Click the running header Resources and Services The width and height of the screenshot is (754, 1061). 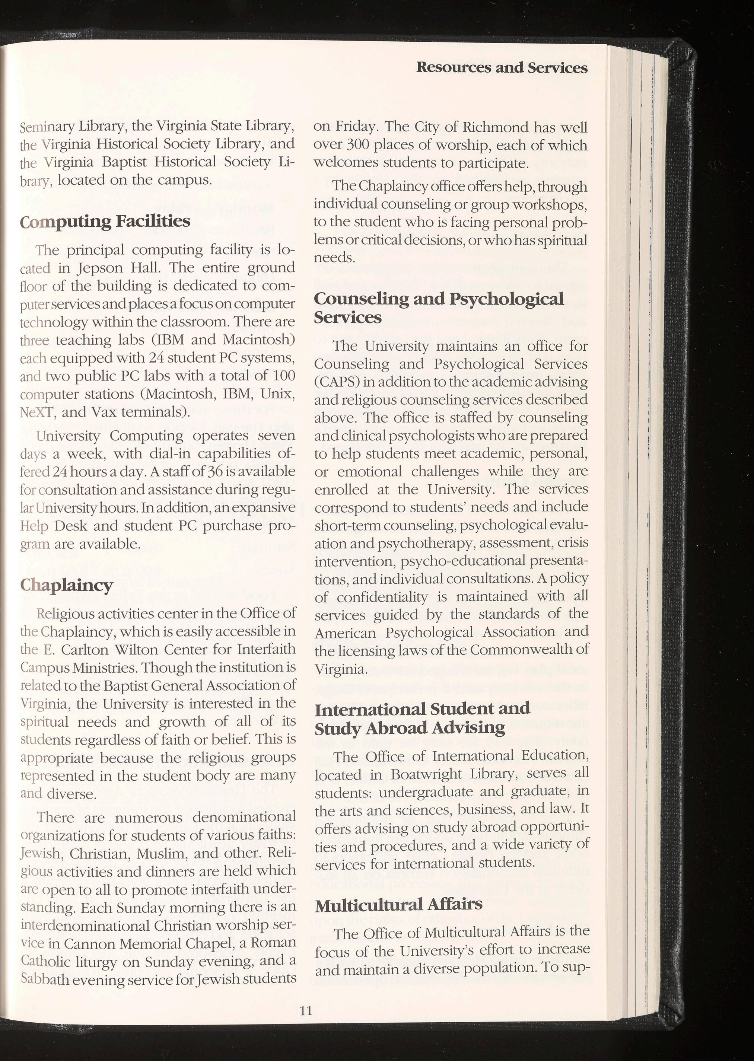click(502, 68)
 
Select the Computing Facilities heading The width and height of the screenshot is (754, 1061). click(105, 221)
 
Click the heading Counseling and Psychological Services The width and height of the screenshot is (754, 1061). click(439, 308)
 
